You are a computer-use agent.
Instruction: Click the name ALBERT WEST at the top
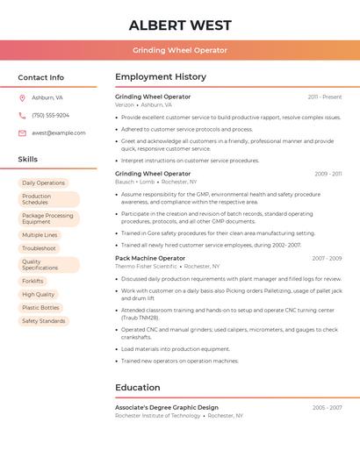click(x=180, y=25)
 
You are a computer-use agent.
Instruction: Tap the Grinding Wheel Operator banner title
click(x=180, y=50)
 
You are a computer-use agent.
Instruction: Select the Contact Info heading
click(x=41, y=77)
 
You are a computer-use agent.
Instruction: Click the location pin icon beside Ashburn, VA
click(x=22, y=97)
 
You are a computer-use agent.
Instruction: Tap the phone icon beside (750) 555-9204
click(x=22, y=115)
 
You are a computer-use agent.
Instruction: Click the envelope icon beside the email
click(x=22, y=133)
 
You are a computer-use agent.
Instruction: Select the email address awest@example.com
click(x=59, y=133)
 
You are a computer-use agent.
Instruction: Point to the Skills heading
click(x=28, y=159)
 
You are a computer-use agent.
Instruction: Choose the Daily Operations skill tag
click(x=44, y=183)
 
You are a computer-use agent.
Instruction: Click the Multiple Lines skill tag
click(x=40, y=235)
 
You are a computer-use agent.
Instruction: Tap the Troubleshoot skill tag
click(x=40, y=248)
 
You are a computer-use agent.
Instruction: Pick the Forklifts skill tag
click(x=33, y=282)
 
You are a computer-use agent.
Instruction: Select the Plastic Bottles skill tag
click(x=41, y=308)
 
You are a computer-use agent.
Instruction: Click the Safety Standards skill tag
click(x=44, y=321)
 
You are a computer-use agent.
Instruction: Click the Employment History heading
click(x=161, y=77)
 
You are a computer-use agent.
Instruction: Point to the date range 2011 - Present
click(x=325, y=97)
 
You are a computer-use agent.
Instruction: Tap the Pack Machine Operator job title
click(x=150, y=259)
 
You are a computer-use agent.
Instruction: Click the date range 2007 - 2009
click(x=327, y=259)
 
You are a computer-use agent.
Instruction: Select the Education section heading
click(x=138, y=388)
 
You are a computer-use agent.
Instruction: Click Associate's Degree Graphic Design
click(x=167, y=408)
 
